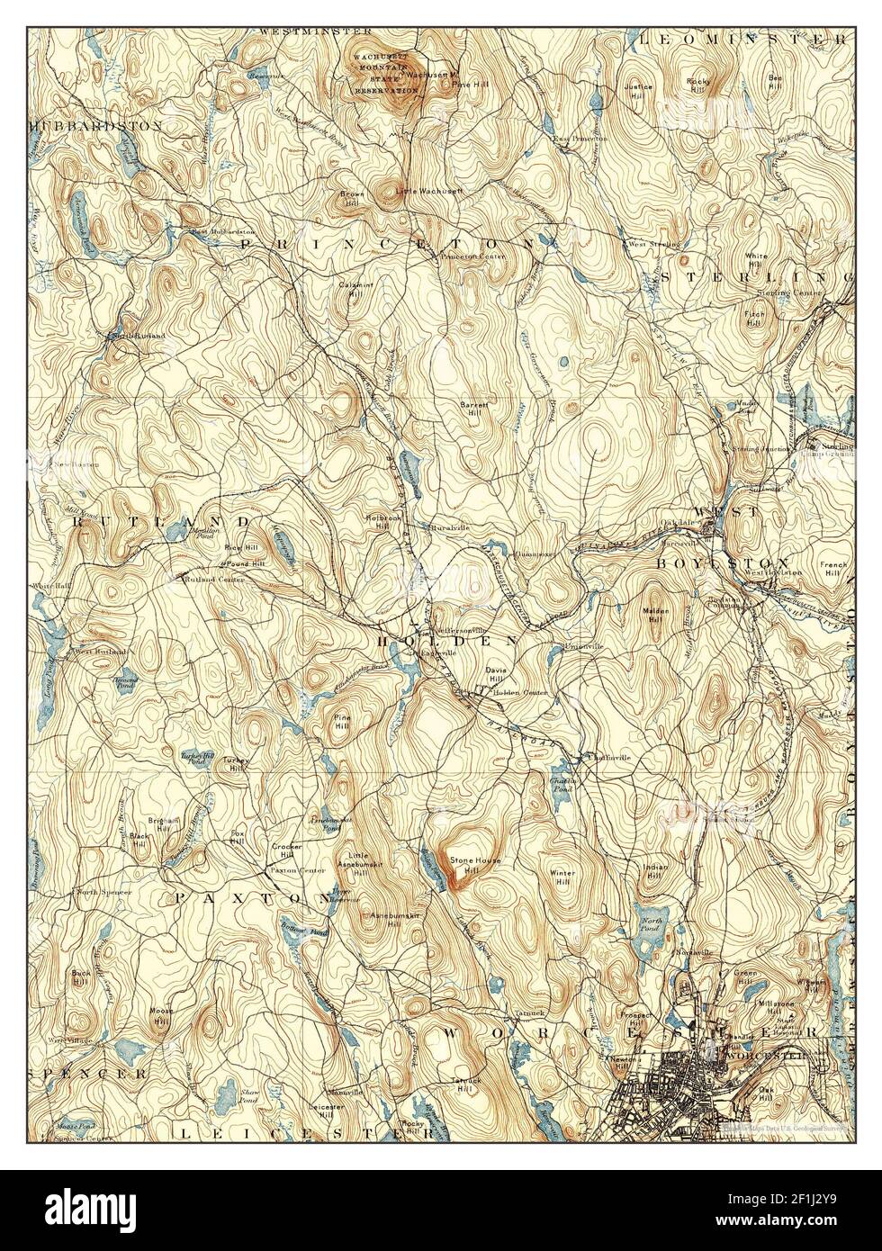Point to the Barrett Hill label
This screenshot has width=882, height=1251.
coord(474,407)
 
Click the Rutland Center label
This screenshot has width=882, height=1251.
coord(210,580)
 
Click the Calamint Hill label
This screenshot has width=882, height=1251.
coord(350,288)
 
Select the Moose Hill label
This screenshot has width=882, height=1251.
coord(160,1015)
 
